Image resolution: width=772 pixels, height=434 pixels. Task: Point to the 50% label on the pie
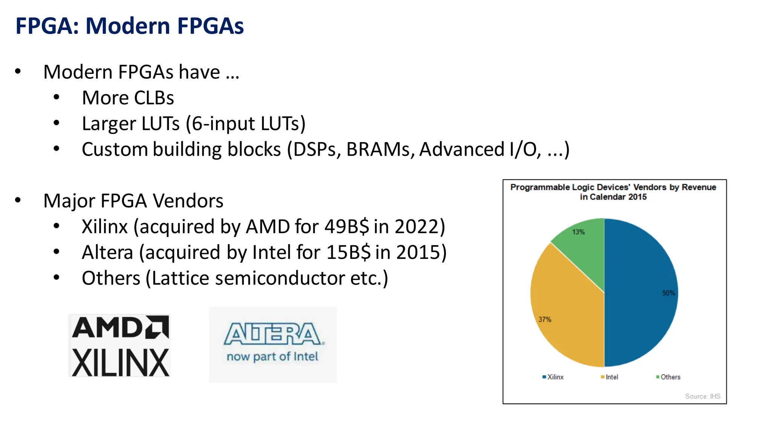668,293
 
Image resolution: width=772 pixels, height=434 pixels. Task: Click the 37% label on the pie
545,319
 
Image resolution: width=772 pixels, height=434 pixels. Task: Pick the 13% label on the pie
578,232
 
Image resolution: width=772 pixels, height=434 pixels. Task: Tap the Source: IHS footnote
702,396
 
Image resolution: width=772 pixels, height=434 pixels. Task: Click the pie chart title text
613,192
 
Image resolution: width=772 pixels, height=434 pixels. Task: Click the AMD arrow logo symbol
158,327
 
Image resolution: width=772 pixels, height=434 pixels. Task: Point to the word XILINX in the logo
120,363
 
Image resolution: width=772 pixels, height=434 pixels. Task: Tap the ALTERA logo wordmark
273,334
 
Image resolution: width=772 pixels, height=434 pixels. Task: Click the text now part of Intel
272,356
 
